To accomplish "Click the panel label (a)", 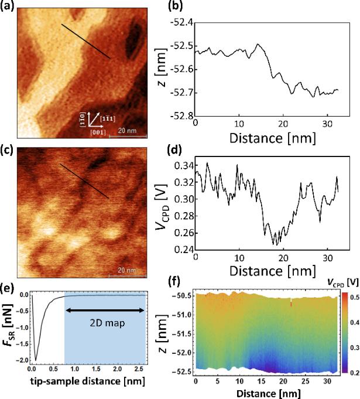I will click(9, 7).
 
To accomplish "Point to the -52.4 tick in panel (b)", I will click(181, 22).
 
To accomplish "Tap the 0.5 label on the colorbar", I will click(351, 298).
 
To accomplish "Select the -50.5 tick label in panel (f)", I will click(183, 296).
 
